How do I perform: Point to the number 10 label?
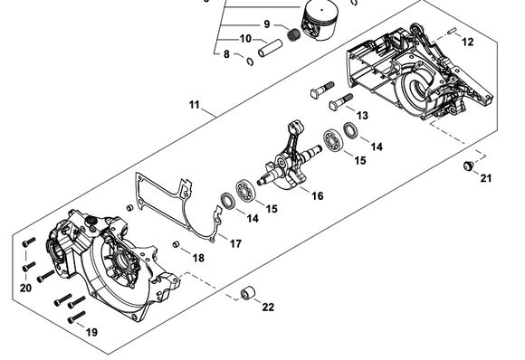246,39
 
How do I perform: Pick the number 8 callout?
226,55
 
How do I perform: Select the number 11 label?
195,106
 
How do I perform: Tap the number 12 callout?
467,43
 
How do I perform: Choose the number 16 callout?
317,194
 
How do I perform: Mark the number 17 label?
235,242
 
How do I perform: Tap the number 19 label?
91,333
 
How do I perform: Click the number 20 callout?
25,288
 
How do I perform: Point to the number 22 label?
268,308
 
